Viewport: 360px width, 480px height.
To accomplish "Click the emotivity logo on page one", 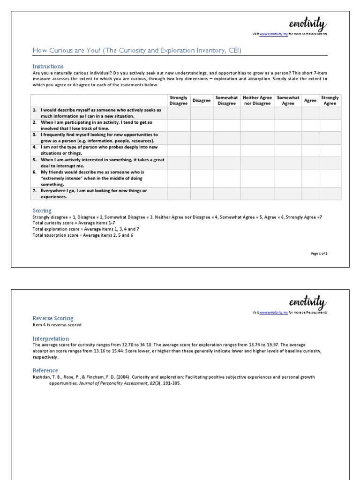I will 308,24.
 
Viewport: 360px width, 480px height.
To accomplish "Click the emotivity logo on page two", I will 308,301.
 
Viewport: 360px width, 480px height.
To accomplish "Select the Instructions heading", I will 48,66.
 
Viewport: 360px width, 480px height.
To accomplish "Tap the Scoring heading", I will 42,210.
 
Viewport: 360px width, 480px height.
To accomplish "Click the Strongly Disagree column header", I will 179,101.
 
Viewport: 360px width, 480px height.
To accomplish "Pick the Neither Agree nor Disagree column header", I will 257,101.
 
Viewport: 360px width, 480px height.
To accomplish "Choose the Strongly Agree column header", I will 330,101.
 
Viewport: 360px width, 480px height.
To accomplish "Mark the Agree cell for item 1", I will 310,113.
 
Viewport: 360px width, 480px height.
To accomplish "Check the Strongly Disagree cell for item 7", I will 179,194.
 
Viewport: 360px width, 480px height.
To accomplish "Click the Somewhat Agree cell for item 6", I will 288,178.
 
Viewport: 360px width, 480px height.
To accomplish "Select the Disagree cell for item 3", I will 202,137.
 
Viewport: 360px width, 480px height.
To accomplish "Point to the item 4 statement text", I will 98,150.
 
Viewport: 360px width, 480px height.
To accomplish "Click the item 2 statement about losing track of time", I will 98,125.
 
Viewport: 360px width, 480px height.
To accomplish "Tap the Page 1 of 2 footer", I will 319,253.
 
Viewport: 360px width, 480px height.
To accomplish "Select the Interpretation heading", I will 51,338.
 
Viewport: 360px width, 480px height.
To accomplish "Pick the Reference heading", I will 45,370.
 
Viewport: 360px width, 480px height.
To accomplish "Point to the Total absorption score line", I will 82,235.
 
